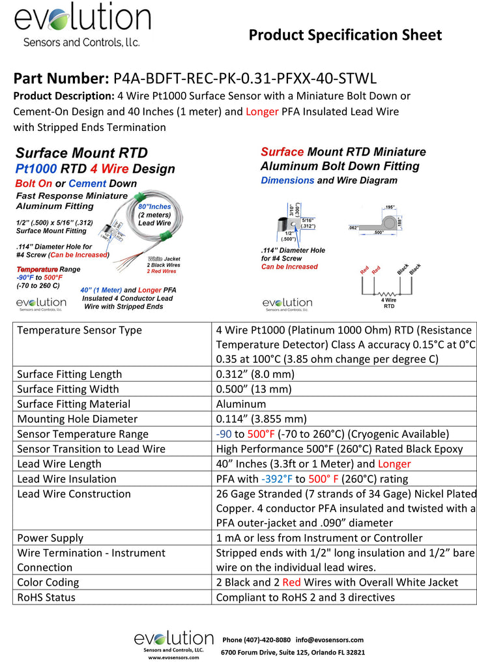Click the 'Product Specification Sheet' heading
pos(345,35)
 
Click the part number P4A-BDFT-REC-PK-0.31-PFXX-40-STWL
pos(245,79)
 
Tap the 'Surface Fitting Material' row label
pos(74,404)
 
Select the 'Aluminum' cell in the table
pos(240,404)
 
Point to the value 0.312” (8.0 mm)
pos(255,374)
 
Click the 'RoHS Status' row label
pos(46,597)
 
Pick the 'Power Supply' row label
pos(50,538)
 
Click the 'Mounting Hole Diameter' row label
pos(77,419)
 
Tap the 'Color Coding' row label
pos(48,582)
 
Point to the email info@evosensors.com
pos(329,640)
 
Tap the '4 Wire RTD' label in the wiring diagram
pos(389,302)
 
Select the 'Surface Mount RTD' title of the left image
pos(81,154)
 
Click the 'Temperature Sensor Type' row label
pos(79,330)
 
